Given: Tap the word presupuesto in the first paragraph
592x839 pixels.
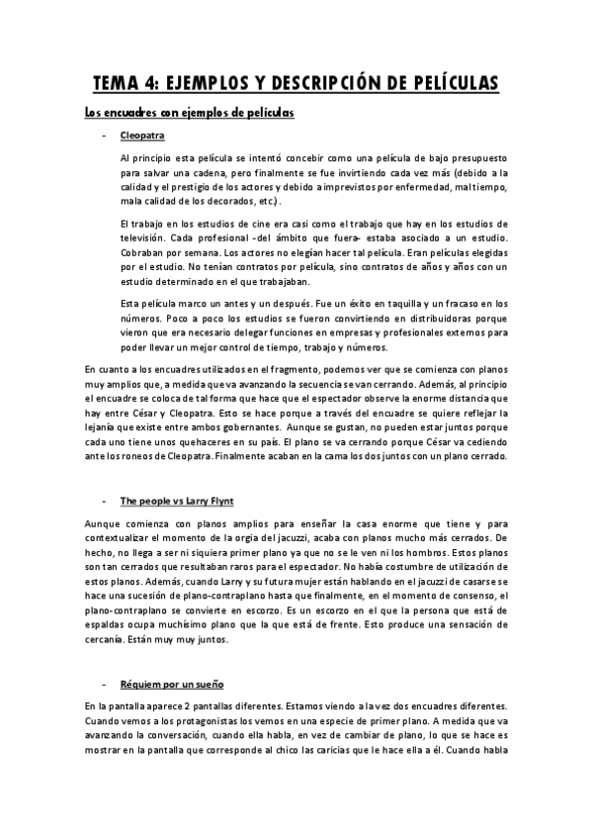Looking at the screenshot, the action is click(x=474, y=158).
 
